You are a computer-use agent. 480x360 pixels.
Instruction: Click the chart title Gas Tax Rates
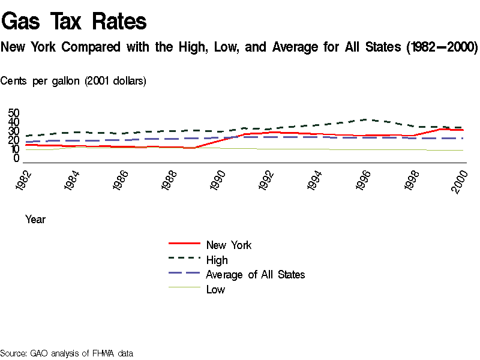pyautogui.click(x=74, y=22)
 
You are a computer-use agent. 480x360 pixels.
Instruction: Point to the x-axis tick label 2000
pyautogui.click(x=461, y=181)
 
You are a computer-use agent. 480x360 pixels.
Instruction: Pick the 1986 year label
pyautogui.click(x=123, y=181)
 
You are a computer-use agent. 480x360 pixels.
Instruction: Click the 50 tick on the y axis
pyautogui.click(x=14, y=113)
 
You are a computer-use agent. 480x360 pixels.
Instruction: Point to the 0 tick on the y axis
pyautogui.click(x=17, y=158)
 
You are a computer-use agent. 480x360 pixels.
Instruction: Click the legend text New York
pyautogui.click(x=229, y=245)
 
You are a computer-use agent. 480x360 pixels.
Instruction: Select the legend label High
pyautogui.click(x=217, y=260)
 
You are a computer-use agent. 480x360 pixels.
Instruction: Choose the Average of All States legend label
pyautogui.click(x=255, y=275)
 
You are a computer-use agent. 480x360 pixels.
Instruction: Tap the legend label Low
pyautogui.click(x=215, y=290)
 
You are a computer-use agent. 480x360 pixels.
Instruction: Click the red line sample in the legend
pyautogui.click(x=184, y=244)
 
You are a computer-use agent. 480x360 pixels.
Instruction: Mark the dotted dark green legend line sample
pyautogui.click(x=184, y=259)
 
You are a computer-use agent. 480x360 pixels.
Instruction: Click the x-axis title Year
pyautogui.click(x=35, y=220)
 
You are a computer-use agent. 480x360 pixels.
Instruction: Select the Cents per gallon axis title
pyautogui.click(x=73, y=81)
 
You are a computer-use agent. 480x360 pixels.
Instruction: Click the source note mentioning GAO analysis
pyautogui.click(x=66, y=353)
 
